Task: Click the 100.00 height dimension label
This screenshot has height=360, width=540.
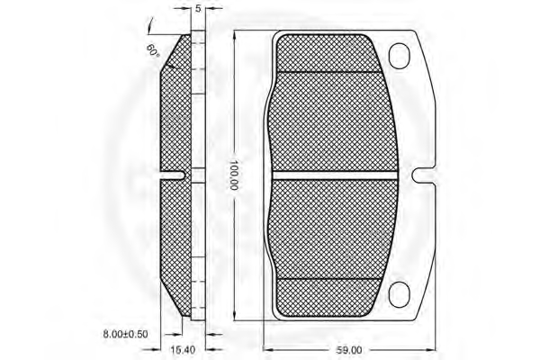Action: point(234,175)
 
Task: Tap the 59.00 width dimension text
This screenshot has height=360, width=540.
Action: point(349,350)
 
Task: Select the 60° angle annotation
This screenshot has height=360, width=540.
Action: point(153,50)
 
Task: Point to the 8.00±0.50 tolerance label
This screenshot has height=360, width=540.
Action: point(125,334)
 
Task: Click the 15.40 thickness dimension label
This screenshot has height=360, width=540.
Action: point(183,350)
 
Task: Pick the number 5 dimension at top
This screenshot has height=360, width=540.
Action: point(198,9)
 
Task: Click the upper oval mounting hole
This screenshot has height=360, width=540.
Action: point(399,56)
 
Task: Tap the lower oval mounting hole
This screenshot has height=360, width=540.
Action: point(399,294)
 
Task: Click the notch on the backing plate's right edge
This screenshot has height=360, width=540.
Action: point(424,175)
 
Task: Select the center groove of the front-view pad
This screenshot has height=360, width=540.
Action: point(335,175)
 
